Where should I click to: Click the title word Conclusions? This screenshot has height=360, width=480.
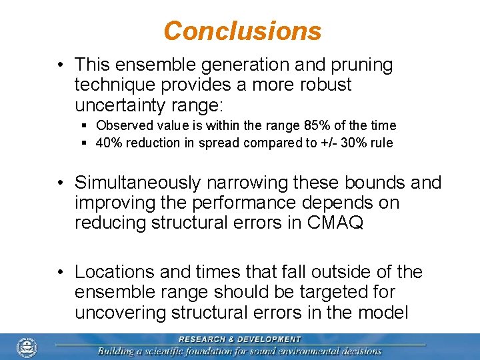pos(242,31)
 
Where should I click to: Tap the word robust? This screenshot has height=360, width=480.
pos(323,85)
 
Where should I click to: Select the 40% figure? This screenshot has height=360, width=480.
pos(109,143)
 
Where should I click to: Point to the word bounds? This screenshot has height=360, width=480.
pos(374,183)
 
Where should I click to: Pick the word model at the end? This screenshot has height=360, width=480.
pos(384,312)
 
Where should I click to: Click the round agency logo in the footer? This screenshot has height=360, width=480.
pos(27,347)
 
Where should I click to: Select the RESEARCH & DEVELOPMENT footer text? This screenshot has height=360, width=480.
pos(241,339)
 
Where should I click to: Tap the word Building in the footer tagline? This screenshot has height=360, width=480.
pos(119,351)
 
